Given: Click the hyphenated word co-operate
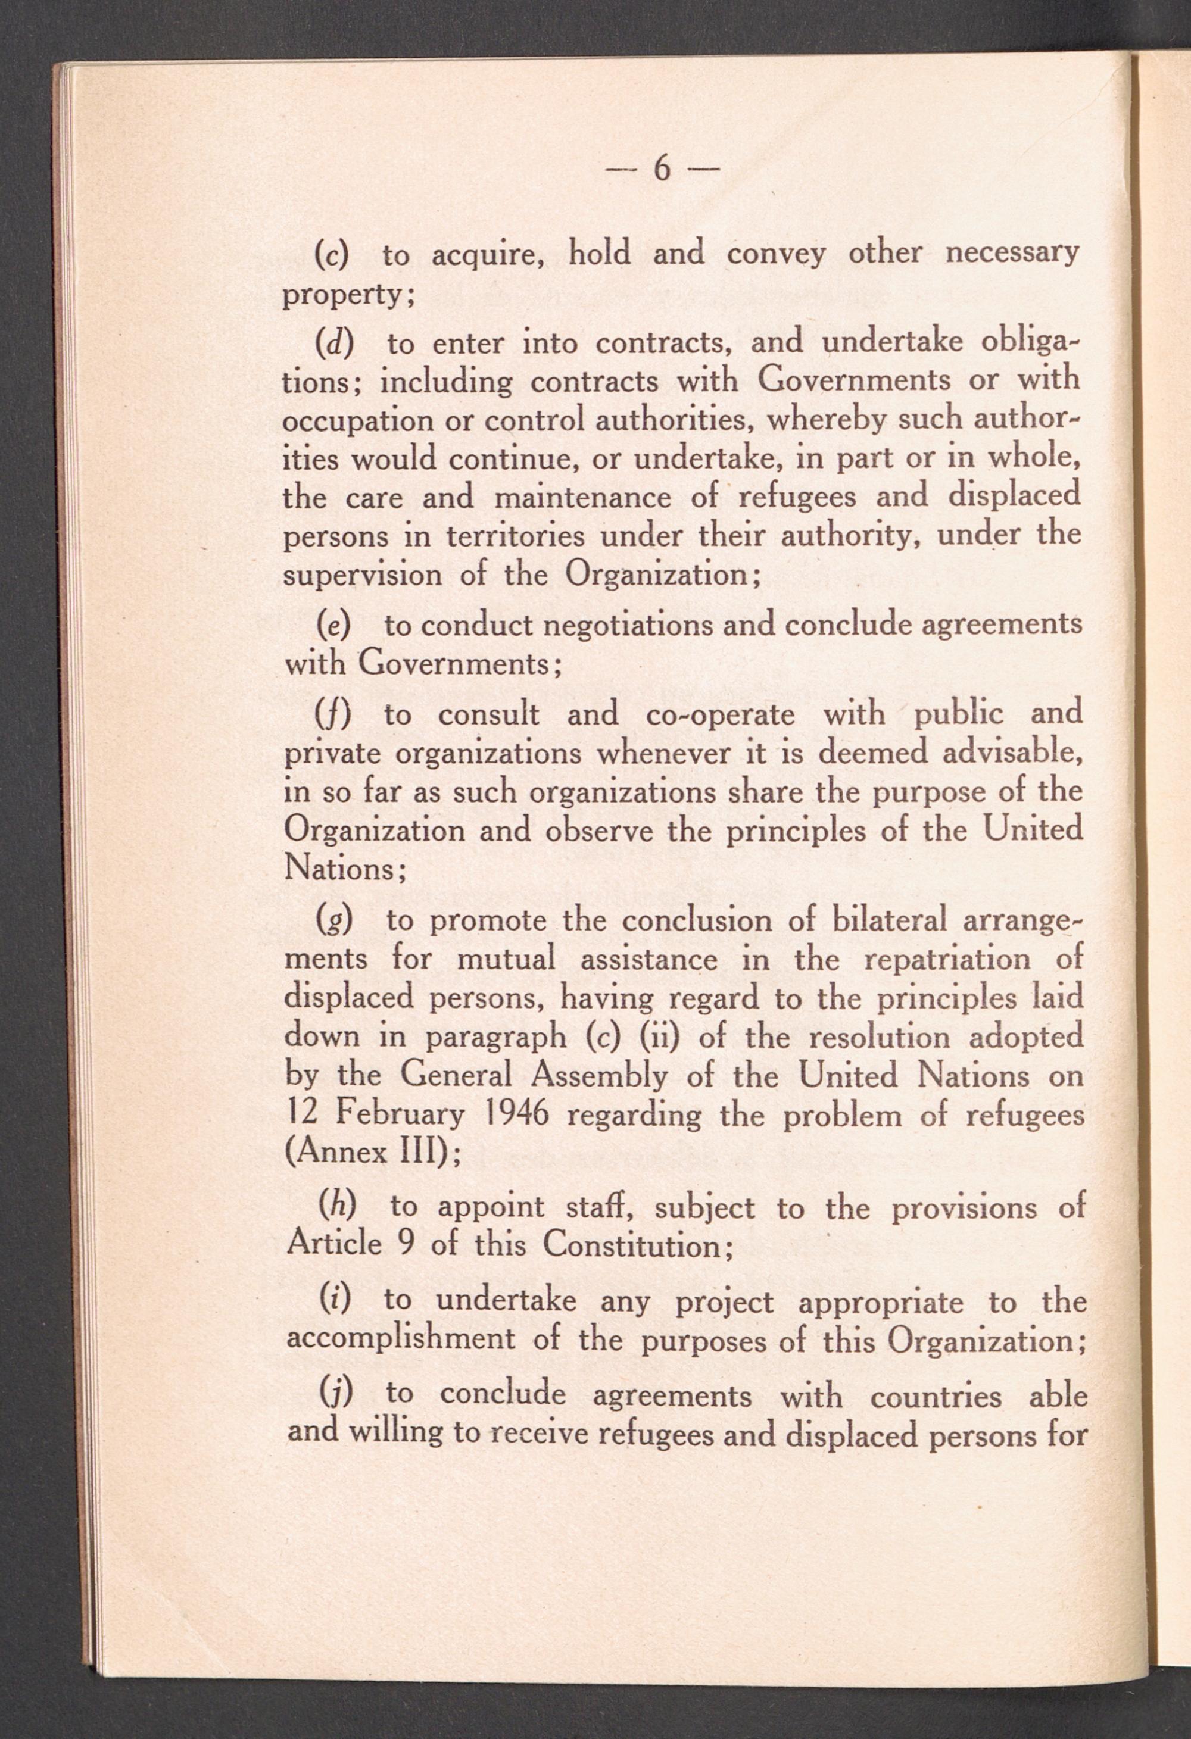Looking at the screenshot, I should pos(719,714).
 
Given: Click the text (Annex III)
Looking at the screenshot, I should pos(372,1153).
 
